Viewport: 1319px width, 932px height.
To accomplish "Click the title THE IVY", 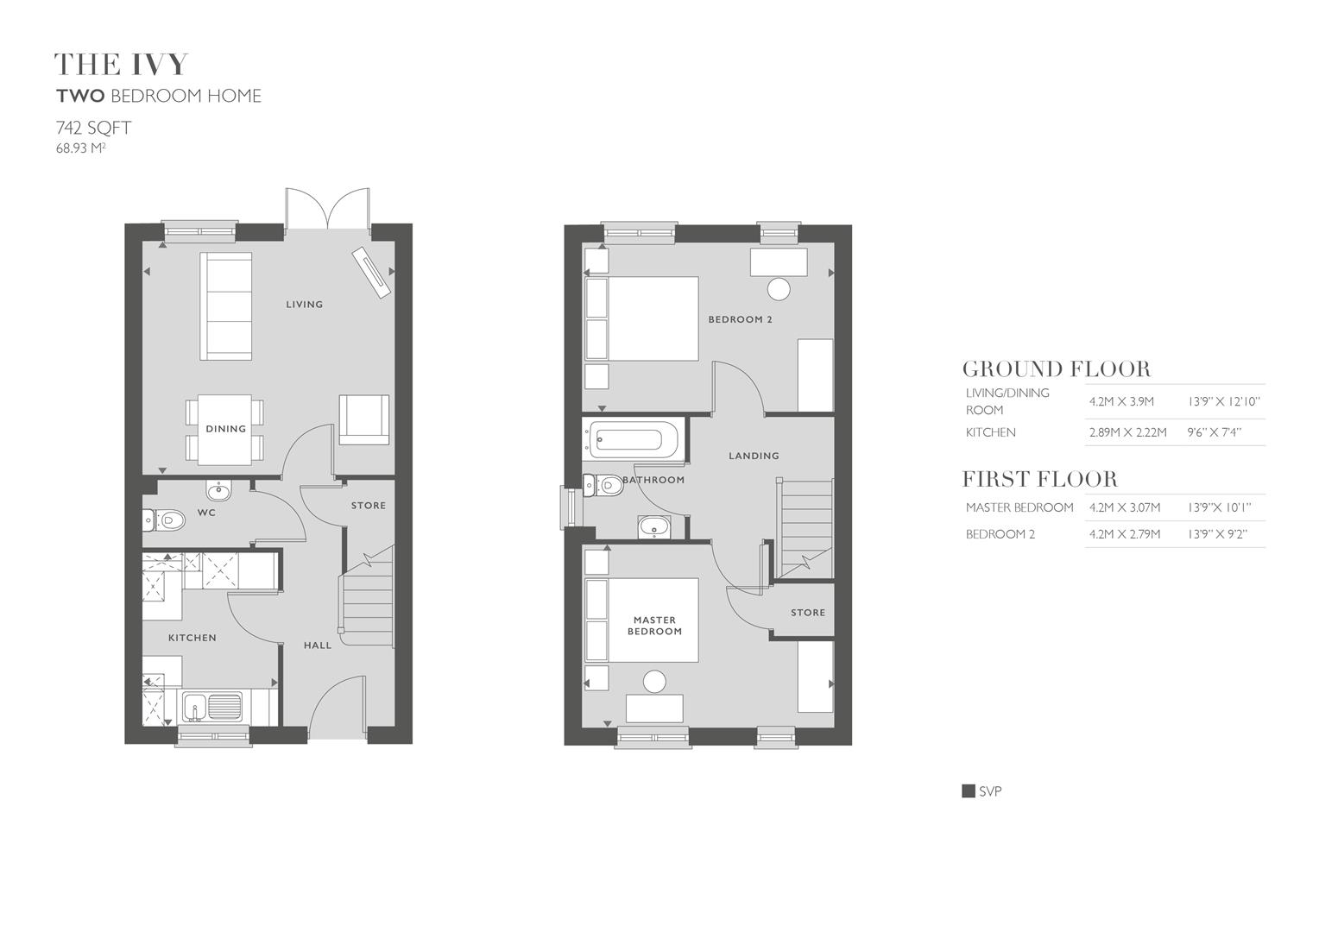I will tap(121, 65).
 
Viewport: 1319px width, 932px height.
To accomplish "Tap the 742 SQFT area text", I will tap(93, 129).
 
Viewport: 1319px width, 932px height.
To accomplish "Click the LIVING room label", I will tap(304, 305).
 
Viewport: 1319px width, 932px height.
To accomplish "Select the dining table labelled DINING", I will tap(225, 429).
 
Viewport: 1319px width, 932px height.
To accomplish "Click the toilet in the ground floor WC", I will tap(165, 520).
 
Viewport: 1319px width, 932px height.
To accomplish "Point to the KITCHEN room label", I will tap(192, 638).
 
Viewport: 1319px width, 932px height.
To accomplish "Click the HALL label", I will tap(317, 645).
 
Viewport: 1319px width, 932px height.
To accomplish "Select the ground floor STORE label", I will tap(368, 506).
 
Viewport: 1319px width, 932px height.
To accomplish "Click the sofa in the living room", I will tap(226, 306).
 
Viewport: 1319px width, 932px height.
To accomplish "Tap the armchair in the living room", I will tap(363, 420).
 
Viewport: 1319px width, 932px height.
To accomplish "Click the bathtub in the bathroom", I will tap(633, 440).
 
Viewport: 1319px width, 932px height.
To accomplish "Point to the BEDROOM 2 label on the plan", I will tap(740, 319).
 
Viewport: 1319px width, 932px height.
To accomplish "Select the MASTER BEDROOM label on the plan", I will tap(654, 626).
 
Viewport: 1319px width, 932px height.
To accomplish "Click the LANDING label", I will tap(754, 456).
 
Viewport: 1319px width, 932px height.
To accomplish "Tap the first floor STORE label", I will tap(808, 613).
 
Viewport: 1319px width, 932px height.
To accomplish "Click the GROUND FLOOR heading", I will tap(1057, 369).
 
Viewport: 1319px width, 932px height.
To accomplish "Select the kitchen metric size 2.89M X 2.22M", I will tap(1127, 432).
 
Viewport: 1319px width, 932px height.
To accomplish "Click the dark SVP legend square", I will tap(969, 791).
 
